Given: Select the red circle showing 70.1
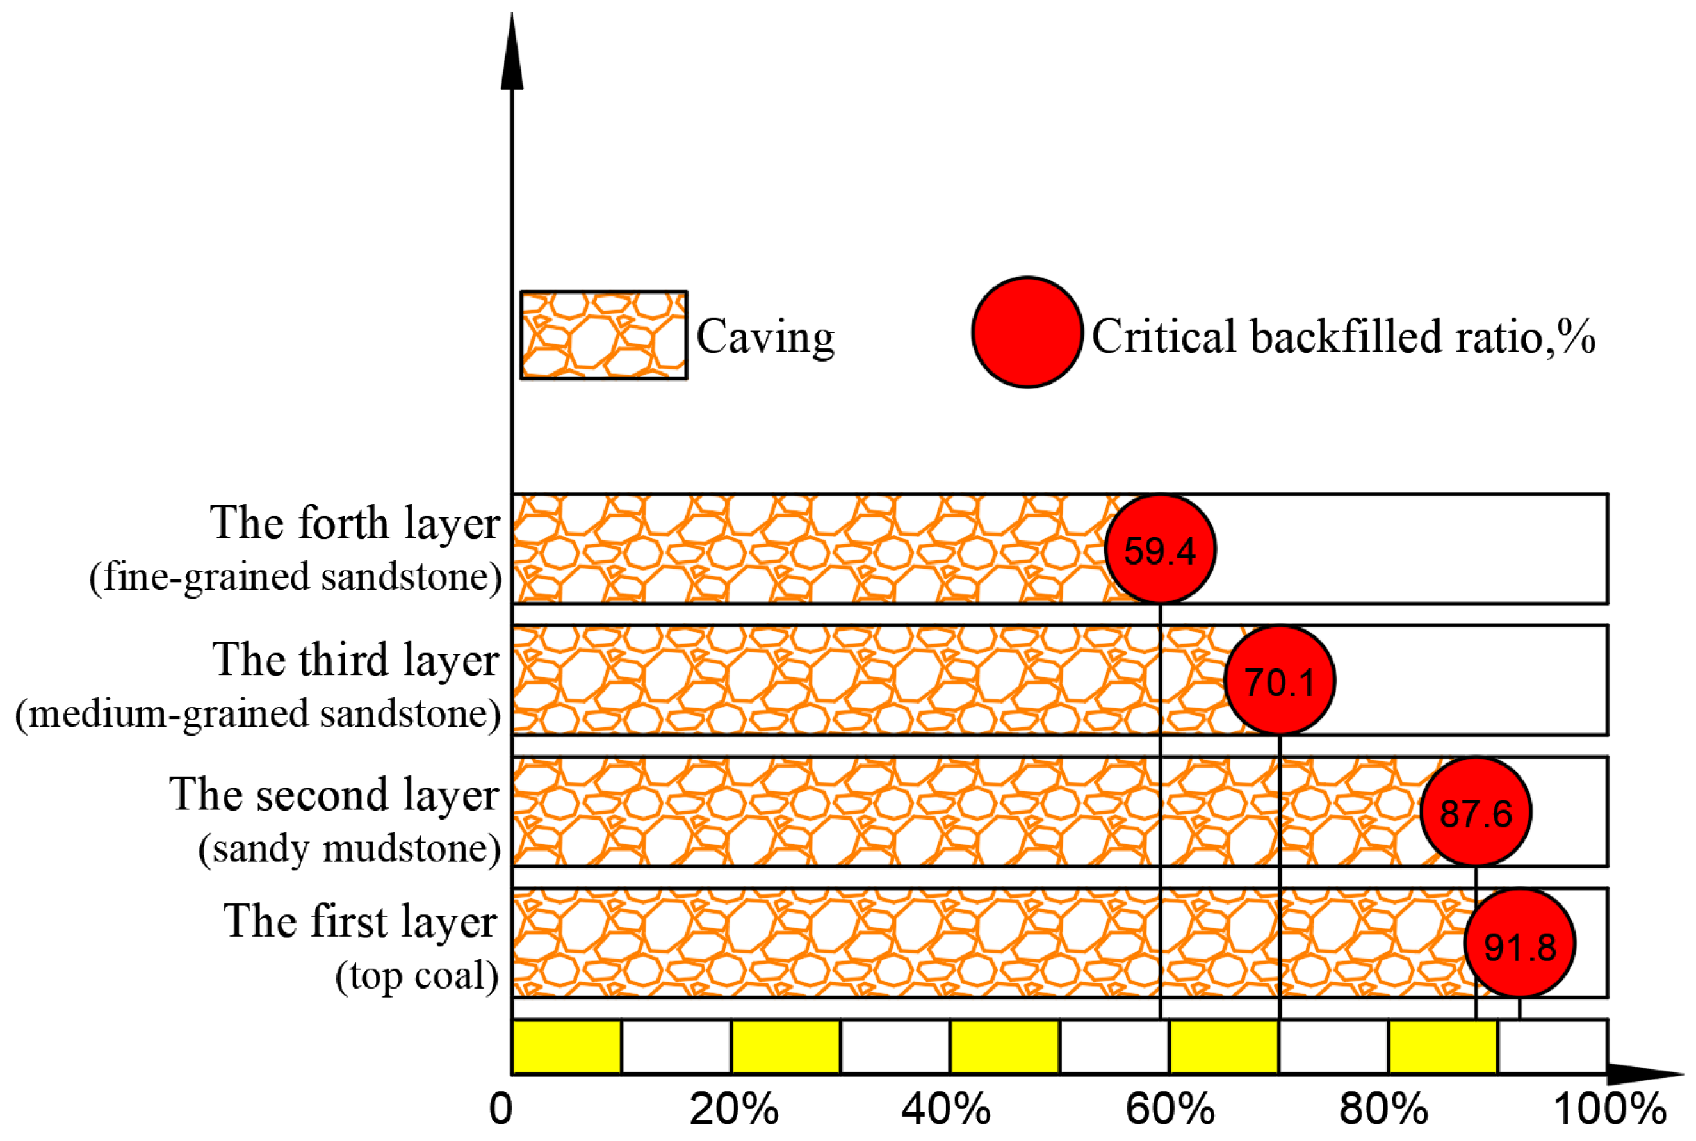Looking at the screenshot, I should click(1280, 681).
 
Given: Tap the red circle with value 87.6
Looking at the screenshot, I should click(1476, 811).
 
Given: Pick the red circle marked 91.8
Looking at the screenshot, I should click(1519, 943).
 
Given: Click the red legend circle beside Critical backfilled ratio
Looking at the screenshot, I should click(1027, 332).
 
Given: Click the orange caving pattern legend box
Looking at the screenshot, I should click(603, 335).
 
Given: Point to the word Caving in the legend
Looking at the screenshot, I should click(765, 336).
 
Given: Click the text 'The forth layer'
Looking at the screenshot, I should click(354, 523).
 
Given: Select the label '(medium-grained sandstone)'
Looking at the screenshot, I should click(258, 714).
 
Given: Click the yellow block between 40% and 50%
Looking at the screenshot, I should click(1004, 1047).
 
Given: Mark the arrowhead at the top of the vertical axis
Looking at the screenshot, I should click(512, 54).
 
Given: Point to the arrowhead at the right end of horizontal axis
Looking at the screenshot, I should click(1647, 1074).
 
